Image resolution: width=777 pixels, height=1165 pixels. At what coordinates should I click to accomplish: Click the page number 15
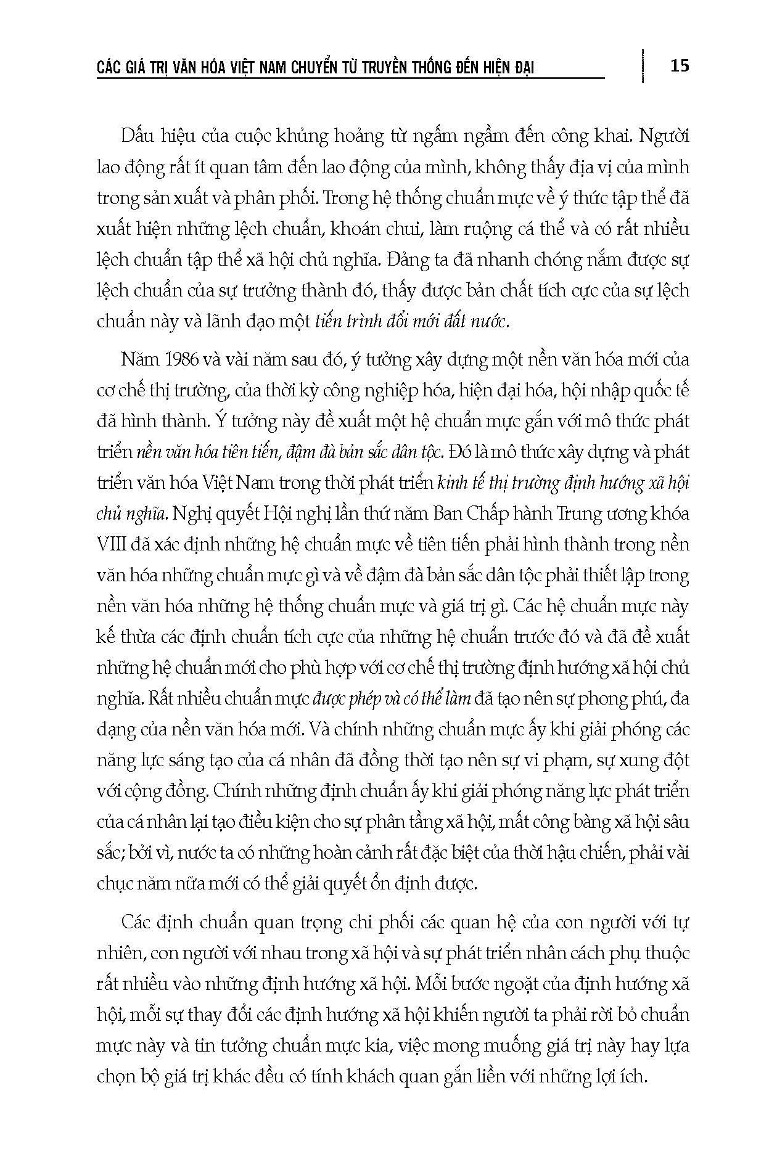coord(679,65)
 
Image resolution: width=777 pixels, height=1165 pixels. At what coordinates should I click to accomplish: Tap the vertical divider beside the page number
coord(643,65)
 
